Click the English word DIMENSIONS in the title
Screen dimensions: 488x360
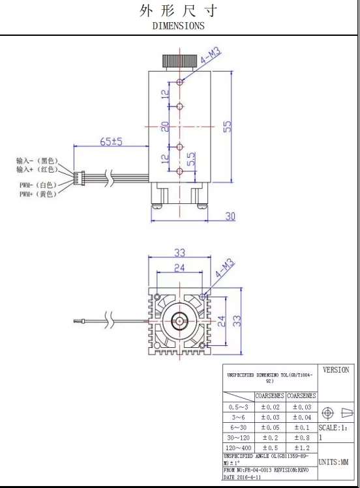point(178,26)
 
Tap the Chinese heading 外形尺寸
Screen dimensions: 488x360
point(178,11)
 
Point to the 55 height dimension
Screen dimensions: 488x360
point(228,126)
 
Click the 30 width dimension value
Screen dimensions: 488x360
point(230,216)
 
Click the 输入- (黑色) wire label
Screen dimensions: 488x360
point(37,160)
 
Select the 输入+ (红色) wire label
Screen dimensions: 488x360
point(37,169)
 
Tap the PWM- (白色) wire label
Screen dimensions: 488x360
point(37,185)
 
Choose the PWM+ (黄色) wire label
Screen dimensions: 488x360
point(37,194)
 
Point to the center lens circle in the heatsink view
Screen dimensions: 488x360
point(179,321)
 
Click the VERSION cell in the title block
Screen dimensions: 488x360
point(336,370)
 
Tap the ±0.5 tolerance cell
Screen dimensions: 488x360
point(269,448)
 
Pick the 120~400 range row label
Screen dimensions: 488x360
point(238,448)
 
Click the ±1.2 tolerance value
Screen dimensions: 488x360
point(301,448)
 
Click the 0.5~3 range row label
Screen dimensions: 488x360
point(238,407)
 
